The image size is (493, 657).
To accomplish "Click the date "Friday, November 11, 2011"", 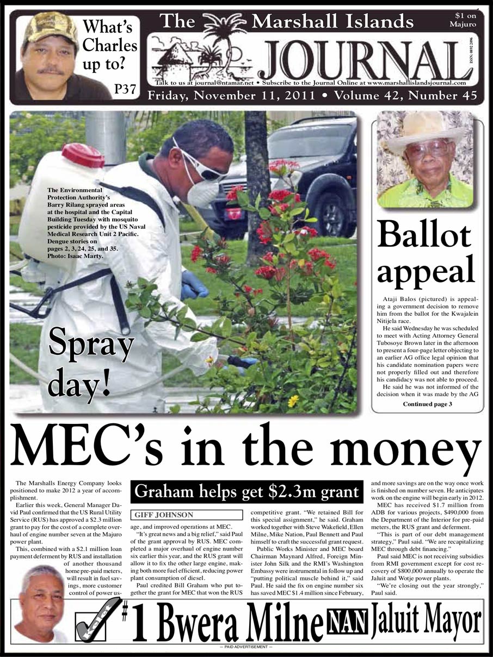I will tap(231, 96).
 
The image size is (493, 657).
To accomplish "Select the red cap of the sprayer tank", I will tap(83, 155).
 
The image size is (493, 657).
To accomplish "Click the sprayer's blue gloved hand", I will tap(193, 285).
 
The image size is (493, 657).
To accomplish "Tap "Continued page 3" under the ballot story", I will tap(427, 404).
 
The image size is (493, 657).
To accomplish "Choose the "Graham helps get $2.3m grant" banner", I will tap(246, 492).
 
